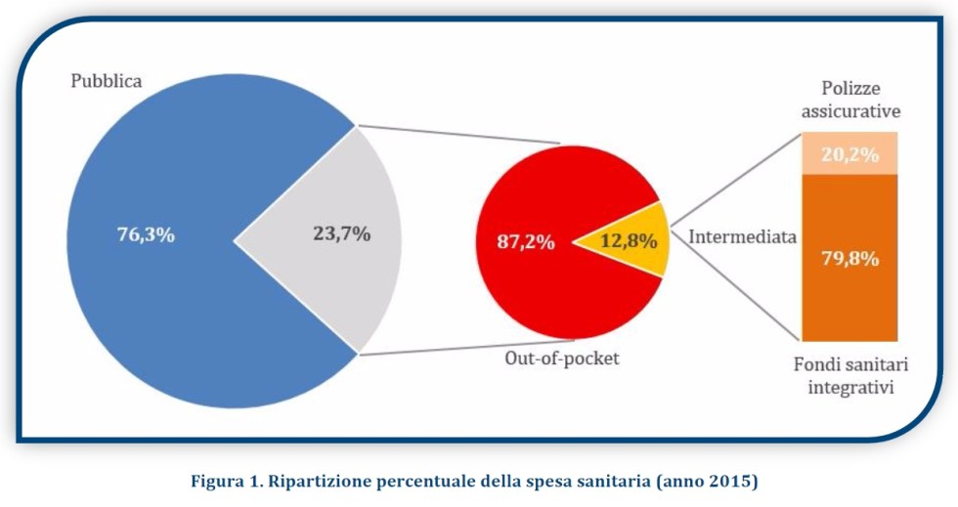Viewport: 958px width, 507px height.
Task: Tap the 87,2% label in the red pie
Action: coord(526,242)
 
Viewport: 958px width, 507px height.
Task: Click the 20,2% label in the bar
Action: coord(849,154)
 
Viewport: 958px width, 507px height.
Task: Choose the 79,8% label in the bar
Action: coord(849,259)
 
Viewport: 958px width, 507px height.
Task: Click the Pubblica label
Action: coord(107,81)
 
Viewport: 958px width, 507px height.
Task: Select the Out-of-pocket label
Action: coord(562,358)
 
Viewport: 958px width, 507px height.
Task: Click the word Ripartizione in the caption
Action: coord(315,480)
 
